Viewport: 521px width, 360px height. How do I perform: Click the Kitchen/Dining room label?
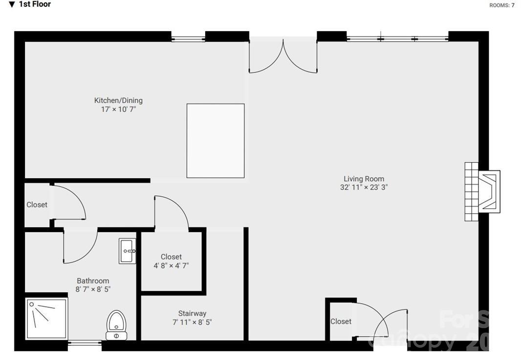click(x=118, y=101)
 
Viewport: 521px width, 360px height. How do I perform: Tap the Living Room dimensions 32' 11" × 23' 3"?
click(x=364, y=187)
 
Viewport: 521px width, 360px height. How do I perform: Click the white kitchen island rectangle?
click(x=215, y=141)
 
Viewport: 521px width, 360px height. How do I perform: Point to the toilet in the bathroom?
click(x=116, y=325)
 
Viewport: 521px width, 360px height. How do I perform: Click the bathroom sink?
click(x=128, y=251)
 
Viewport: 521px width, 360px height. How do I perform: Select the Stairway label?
click(x=192, y=314)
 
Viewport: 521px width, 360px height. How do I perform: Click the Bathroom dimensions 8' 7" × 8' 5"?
click(x=93, y=289)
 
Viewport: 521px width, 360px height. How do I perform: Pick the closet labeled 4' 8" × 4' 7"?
click(x=171, y=261)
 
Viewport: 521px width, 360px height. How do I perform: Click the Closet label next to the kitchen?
click(x=37, y=205)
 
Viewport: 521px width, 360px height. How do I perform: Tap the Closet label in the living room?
click(x=341, y=321)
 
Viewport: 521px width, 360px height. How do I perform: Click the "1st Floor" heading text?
click(x=35, y=4)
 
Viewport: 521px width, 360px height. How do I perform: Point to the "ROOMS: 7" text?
click(x=501, y=5)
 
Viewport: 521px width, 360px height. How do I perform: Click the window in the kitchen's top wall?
click(x=188, y=37)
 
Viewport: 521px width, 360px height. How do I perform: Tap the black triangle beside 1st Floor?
click(x=12, y=4)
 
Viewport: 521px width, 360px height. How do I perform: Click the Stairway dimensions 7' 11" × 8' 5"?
click(x=192, y=322)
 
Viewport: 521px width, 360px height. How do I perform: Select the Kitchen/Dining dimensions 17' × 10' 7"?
click(x=118, y=109)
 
